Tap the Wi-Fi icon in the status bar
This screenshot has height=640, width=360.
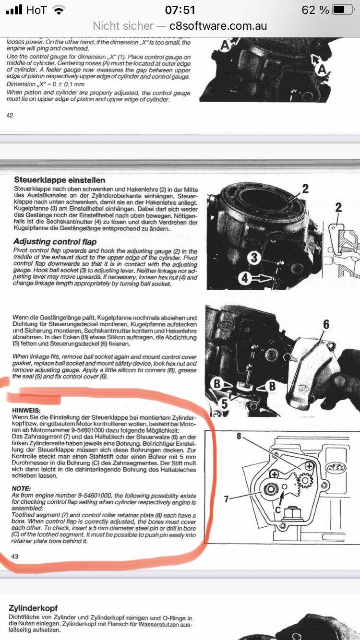pos(60,10)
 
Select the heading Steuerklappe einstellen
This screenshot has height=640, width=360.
pos(60,180)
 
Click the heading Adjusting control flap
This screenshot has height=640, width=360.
pos(55,242)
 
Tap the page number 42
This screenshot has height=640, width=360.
pos(10,115)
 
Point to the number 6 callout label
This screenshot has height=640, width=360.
pos(326,325)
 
